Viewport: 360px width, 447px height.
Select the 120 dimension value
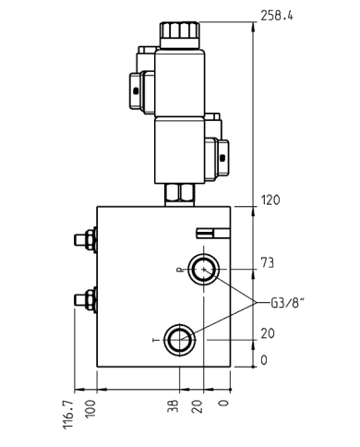pos(270,200)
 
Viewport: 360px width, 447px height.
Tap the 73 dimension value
pos(269,263)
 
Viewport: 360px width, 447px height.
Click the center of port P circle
pos(203,270)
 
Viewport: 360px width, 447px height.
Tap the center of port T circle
pos(178,340)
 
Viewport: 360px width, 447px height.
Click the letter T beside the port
pos(155,341)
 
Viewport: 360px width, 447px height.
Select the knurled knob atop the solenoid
pos(177,30)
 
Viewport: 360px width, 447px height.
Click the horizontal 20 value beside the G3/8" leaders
pos(269,334)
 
